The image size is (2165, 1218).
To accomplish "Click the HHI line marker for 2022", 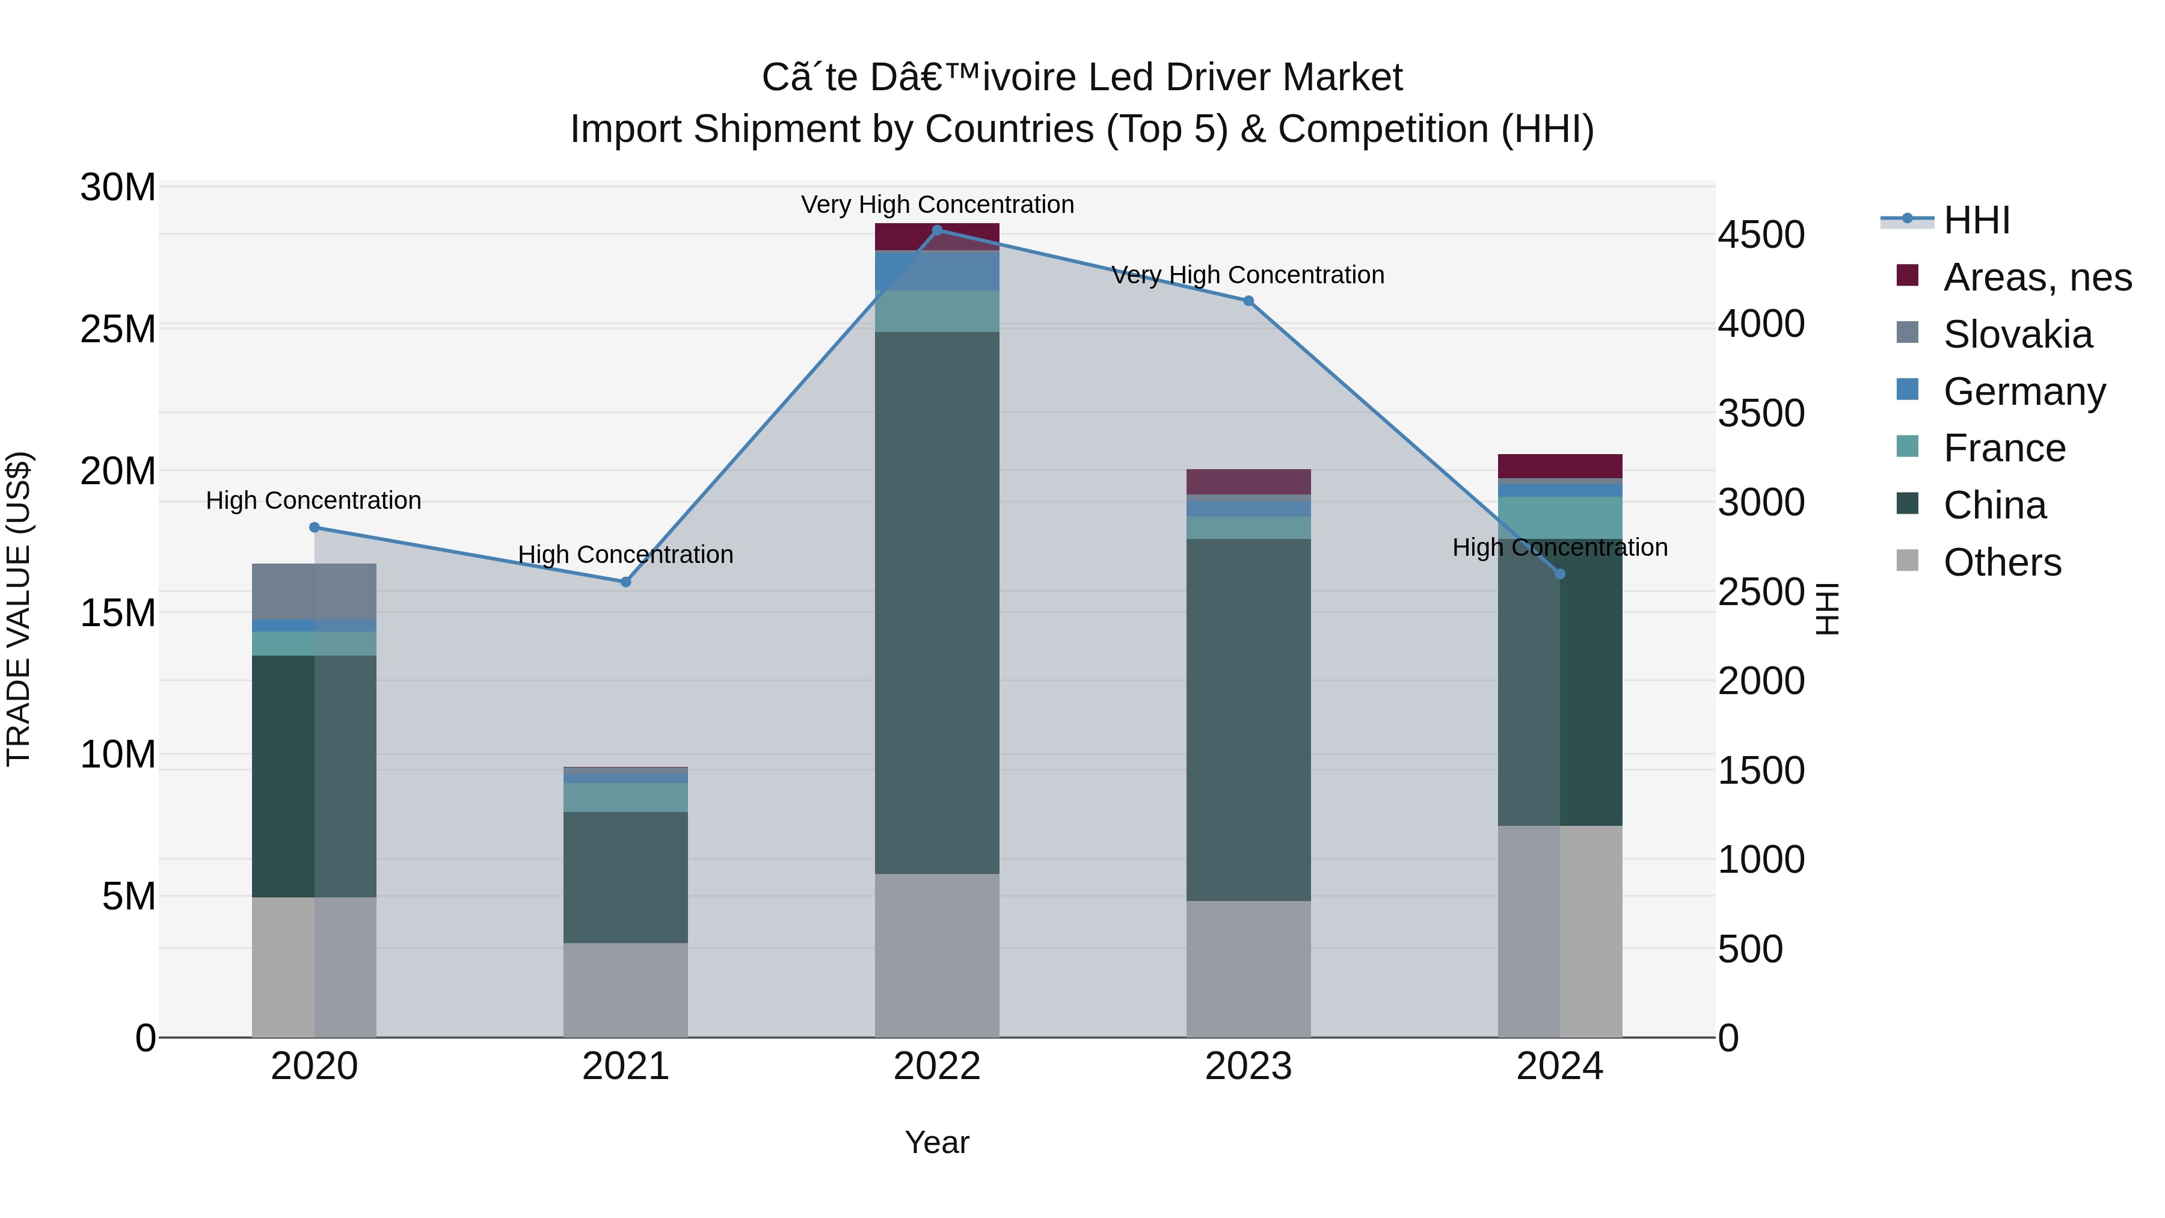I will point(937,230).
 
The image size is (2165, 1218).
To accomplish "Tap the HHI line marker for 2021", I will point(625,582).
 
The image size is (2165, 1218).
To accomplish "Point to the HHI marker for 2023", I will point(1248,301).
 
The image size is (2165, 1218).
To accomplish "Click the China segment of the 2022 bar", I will point(937,602).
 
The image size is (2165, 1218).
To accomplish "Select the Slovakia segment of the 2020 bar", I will point(315,592).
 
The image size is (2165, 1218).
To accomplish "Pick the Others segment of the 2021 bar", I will point(625,989).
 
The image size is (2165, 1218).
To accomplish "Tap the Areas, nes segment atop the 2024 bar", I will point(1560,466).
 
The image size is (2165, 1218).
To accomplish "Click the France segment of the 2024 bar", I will point(1560,518).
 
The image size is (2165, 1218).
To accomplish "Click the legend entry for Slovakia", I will point(2017,334).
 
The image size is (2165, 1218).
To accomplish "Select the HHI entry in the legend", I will point(1975,220).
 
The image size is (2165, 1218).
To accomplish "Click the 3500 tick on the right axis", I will point(1761,414).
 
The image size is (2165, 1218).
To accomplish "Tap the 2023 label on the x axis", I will point(1248,1066).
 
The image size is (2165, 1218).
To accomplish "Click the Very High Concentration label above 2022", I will point(937,205).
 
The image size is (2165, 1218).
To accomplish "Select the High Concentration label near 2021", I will point(625,555).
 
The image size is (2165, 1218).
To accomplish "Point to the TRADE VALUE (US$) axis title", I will point(19,609).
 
